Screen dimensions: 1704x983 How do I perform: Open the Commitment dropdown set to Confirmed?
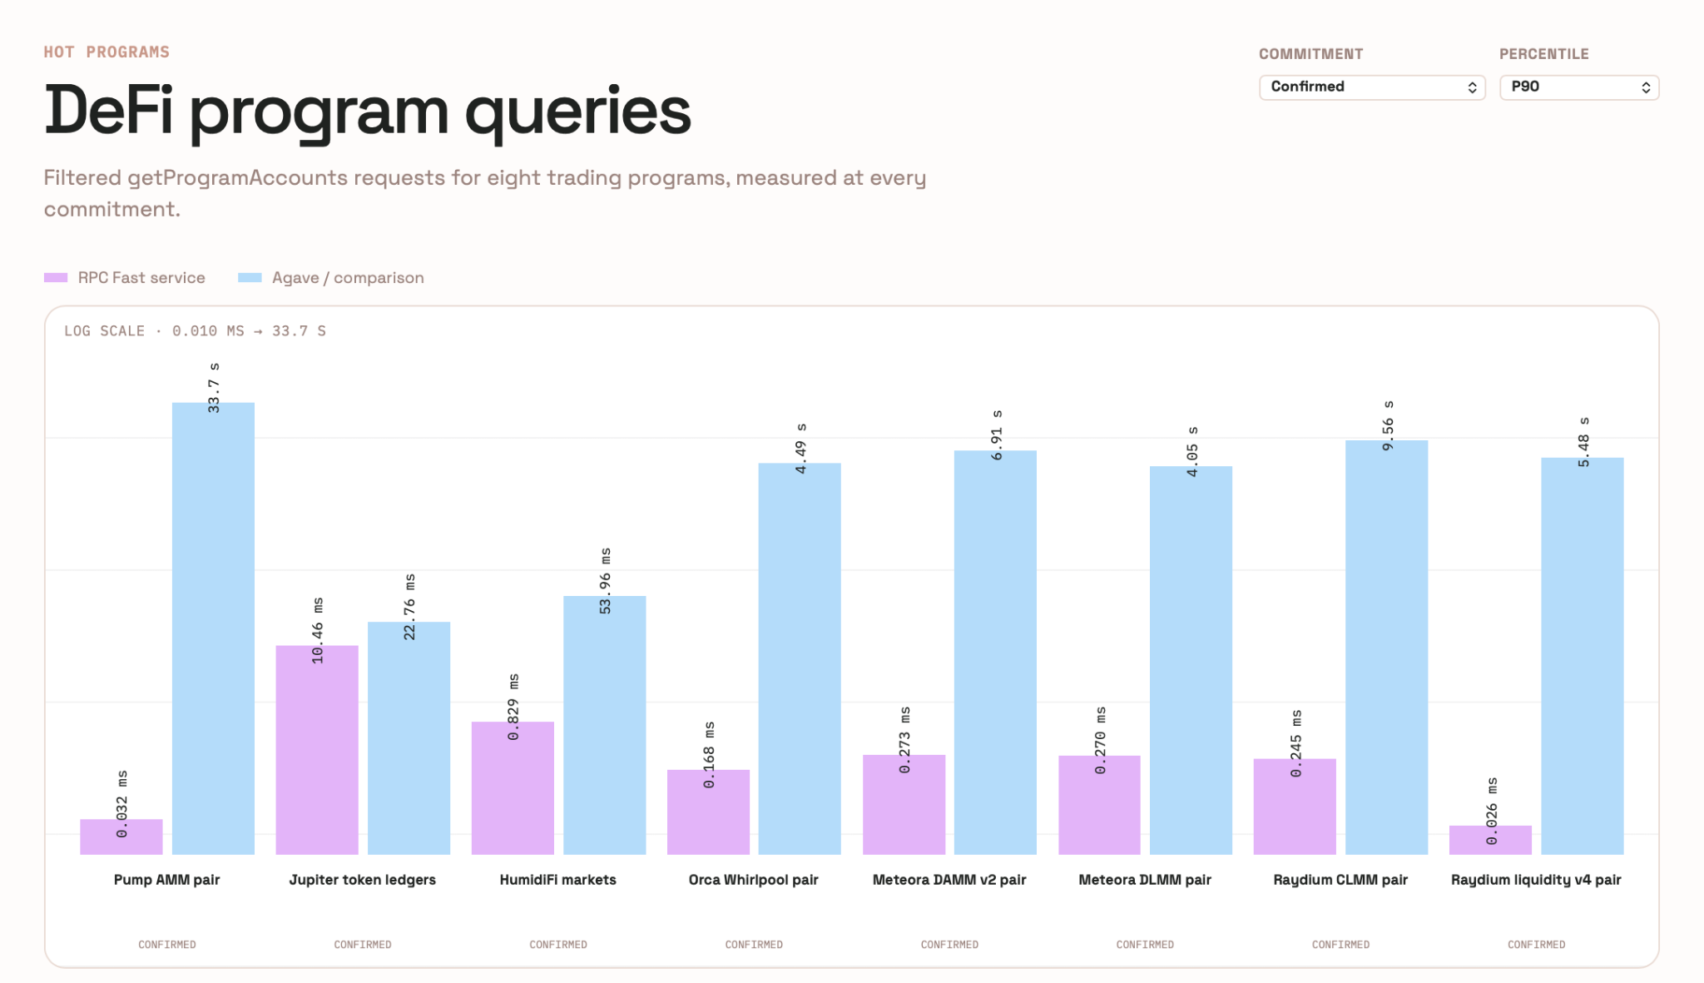(1372, 87)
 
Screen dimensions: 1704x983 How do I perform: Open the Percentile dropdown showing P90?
(1579, 87)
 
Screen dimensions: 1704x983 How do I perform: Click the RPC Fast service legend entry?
(125, 278)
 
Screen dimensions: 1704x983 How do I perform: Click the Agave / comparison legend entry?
(331, 278)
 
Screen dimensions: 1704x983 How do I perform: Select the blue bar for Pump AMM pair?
(213, 628)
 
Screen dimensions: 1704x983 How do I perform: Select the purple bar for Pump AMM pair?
(121, 837)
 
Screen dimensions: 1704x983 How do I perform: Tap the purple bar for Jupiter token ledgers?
(317, 750)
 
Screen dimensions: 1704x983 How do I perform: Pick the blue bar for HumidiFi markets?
(605, 725)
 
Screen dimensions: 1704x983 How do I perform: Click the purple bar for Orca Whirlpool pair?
(708, 812)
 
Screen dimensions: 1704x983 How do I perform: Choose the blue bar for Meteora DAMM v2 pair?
(995, 653)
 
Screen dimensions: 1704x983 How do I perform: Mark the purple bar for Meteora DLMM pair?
(1099, 805)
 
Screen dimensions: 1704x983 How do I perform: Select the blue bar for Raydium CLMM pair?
(1386, 648)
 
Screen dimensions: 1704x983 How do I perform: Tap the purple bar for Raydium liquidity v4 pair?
(1490, 840)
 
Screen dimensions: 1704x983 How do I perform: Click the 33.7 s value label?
(214, 388)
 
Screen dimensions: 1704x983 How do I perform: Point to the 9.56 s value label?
(1388, 426)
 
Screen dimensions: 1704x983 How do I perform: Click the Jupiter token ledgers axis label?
(363, 880)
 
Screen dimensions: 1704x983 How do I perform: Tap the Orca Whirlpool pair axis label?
(754, 880)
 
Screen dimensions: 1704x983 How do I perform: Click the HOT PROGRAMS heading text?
(106, 52)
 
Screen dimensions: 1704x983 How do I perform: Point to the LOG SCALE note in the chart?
(195, 331)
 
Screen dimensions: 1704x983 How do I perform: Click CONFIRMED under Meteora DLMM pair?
(1145, 945)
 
